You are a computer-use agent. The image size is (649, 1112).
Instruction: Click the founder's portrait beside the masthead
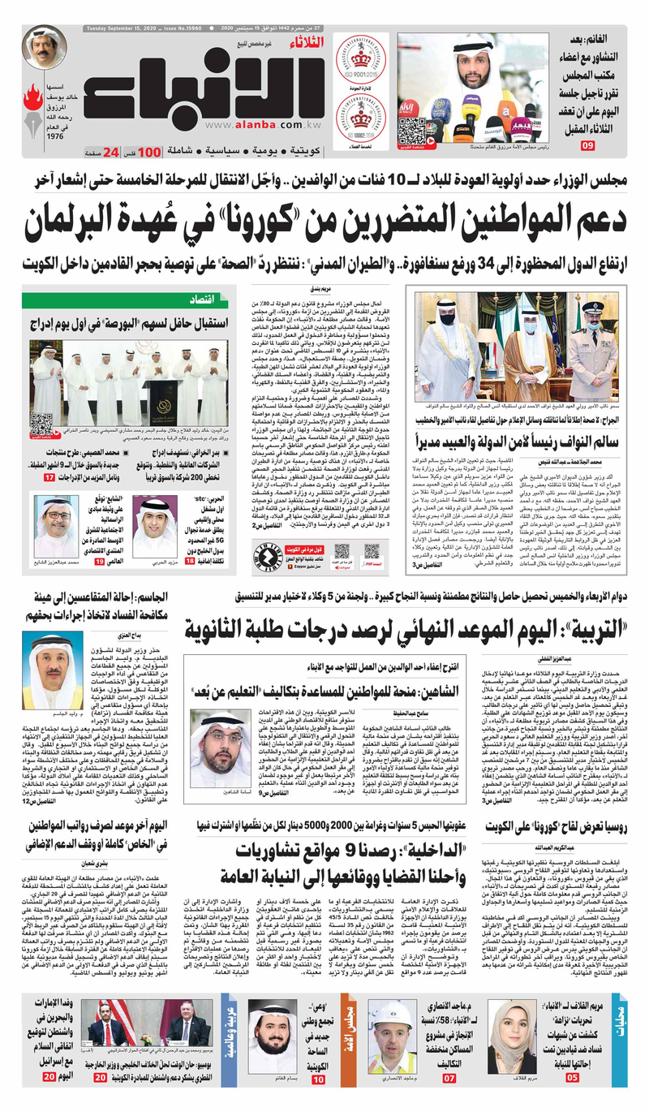(44, 47)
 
